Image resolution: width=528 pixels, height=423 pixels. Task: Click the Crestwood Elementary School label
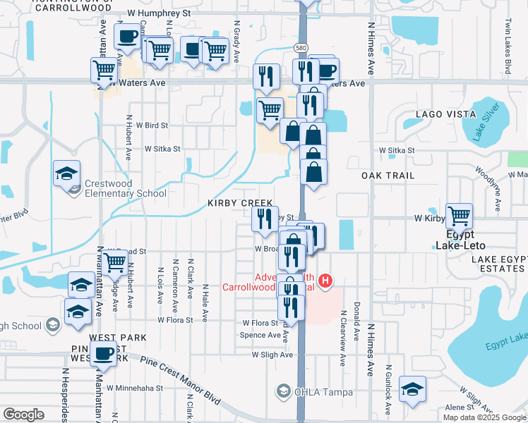click(125, 188)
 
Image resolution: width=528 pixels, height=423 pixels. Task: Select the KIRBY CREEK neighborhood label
click(240, 203)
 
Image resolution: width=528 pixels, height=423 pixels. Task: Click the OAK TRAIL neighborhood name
click(388, 175)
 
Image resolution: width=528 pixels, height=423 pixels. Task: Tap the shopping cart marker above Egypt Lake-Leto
click(460, 216)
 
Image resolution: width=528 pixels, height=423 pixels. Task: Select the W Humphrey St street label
click(159, 13)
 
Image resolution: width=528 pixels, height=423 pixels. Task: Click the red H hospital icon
click(325, 282)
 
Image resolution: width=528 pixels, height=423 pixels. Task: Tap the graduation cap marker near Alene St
click(412, 390)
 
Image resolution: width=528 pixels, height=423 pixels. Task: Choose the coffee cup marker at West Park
click(104, 354)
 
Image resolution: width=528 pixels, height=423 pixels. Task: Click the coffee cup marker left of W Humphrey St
click(127, 36)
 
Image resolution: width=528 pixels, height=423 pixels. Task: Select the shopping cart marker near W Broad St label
click(115, 264)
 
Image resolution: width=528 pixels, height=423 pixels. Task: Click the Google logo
click(24, 415)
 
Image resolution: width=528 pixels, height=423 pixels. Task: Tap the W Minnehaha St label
click(139, 387)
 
